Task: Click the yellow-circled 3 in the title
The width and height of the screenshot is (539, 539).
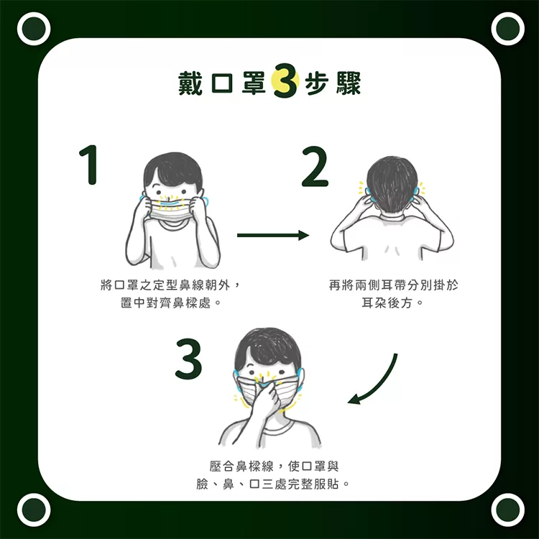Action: [285, 81]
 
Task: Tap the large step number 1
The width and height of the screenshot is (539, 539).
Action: [88, 165]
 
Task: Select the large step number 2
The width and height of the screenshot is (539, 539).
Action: [315, 167]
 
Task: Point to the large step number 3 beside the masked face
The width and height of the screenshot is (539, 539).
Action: [188, 359]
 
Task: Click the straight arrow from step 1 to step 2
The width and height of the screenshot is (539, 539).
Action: [273, 236]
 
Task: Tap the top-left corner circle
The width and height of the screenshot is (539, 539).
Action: [34, 29]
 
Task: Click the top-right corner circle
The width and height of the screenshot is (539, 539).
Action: [507, 29]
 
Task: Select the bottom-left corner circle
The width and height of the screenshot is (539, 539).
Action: [34, 510]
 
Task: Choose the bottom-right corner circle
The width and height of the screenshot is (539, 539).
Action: [507, 510]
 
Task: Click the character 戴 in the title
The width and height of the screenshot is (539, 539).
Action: [190, 83]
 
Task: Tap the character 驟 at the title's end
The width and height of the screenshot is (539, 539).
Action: [349, 83]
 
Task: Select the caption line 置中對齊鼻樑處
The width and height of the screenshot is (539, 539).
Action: [171, 303]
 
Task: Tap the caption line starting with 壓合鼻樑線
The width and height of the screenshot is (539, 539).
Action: [274, 466]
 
